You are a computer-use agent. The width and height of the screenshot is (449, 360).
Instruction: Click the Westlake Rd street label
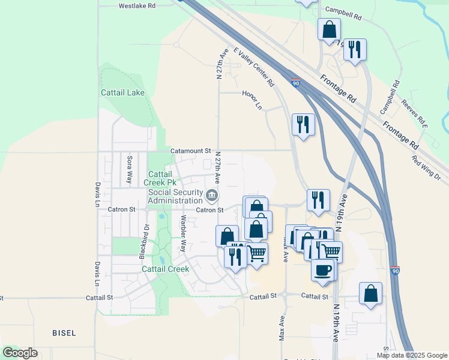tap(137, 5)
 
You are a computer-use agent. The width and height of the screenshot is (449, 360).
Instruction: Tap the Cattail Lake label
tap(122, 93)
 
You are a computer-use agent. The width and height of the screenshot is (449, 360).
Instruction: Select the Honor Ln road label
tap(253, 99)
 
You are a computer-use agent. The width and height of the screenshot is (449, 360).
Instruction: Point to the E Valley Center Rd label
tap(254, 67)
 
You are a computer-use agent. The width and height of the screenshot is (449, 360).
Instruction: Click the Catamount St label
tap(191, 151)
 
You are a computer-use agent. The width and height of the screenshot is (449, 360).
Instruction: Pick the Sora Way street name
tap(129, 170)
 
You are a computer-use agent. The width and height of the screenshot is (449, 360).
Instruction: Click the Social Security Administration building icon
tap(212, 196)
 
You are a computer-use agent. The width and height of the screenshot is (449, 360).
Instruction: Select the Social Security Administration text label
tap(175, 196)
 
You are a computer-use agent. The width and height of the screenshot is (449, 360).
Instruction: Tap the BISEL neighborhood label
tap(64, 332)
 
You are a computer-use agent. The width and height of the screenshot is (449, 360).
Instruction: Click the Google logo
tap(20, 353)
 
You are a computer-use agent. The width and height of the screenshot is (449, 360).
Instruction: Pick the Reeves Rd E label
tap(415, 114)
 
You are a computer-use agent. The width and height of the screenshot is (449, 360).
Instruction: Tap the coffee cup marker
tap(323, 269)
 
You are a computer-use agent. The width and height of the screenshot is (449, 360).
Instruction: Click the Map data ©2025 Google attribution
tap(412, 355)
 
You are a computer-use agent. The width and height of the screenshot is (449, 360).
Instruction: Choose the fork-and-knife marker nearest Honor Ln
tap(303, 124)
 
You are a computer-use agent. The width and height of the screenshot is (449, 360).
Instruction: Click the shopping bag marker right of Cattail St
tap(370, 293)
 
